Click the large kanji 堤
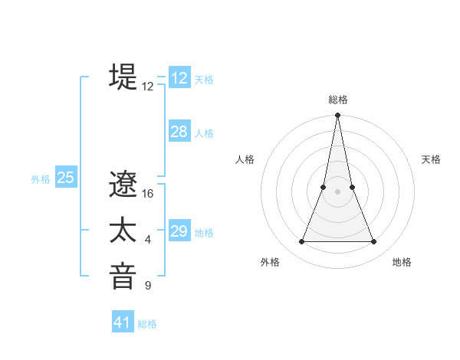coord(123,77)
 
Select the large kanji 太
coord(123,231)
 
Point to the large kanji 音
coord(123,276)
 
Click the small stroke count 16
coord(148,194)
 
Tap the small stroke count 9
coord(148,286)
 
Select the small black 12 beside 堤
coord(148,87)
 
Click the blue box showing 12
coord(179,78)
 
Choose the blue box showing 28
coord(179,132)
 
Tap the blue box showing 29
coord(179,231)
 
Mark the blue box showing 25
coord(66,178)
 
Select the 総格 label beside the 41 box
coord(147,324)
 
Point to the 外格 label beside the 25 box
coord(41,179)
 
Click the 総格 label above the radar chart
coord(337,100)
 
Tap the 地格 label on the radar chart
coord(402,263)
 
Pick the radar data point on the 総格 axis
coord(337,116)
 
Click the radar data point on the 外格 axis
coord(301,242)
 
